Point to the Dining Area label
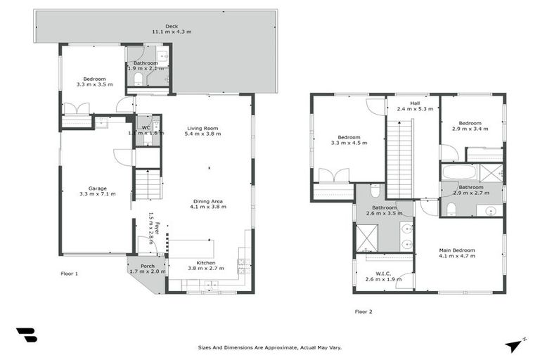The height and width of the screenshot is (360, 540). pos(207,203)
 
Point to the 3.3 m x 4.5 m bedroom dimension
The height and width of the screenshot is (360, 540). pos(349,143)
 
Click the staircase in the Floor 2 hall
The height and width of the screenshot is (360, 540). pos(398,159)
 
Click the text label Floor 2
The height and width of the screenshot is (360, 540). pos(364,311)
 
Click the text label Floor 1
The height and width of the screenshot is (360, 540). pos(68,273)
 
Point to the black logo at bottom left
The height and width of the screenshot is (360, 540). pos(27,335)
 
